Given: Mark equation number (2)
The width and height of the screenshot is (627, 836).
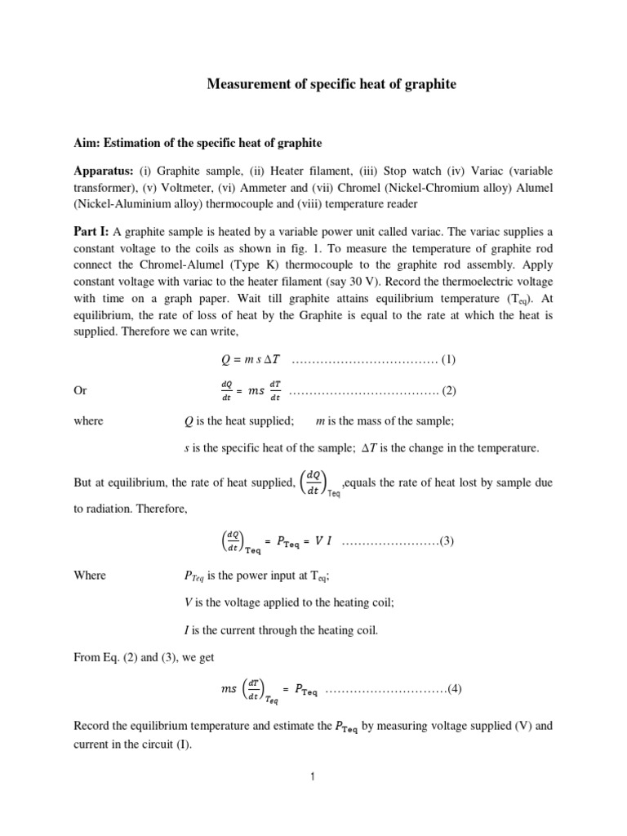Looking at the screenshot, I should pos(448,391).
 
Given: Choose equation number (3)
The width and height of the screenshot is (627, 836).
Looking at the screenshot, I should pos(447,542).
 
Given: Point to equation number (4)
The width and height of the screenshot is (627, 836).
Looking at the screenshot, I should pos(455,687).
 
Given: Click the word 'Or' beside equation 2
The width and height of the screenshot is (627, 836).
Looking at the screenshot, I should pos(81,391).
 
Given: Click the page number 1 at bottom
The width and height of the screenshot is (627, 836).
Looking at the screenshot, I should pos(313,776).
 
